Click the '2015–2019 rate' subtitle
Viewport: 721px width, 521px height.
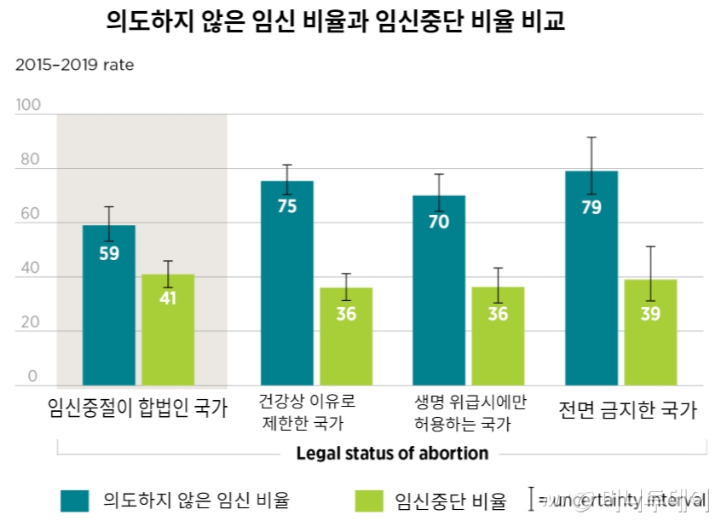[74, 65]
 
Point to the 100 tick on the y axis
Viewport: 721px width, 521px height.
[28, 105]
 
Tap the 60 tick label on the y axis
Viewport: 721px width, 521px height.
[30, 214]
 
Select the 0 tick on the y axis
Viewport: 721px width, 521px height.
[33, 377]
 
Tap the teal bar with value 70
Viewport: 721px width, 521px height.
[439, 290]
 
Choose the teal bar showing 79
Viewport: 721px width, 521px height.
[591, 278]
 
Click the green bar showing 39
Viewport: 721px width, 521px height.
[650, 333]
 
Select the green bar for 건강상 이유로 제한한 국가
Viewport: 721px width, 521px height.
[346, 337]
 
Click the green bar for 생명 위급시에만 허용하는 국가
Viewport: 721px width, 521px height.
[498, 337]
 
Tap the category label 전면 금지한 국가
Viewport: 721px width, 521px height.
[627, 409]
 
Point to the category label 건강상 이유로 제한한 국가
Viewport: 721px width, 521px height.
[307, 411]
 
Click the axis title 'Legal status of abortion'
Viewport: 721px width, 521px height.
[392, 453]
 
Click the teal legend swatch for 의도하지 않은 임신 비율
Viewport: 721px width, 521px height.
[74, 500]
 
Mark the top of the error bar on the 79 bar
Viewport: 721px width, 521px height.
[591, 137]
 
